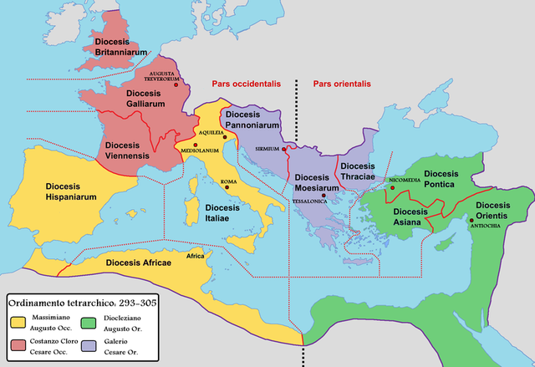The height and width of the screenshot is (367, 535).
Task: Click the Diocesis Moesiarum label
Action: (317, 183)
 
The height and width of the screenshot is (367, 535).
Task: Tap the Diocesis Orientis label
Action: (492, 211)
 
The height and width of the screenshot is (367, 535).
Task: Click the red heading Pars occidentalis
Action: (243, 84)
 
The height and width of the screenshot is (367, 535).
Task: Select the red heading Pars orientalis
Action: (341, 84)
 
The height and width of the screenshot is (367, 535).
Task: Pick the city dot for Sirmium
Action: (285, 150)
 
